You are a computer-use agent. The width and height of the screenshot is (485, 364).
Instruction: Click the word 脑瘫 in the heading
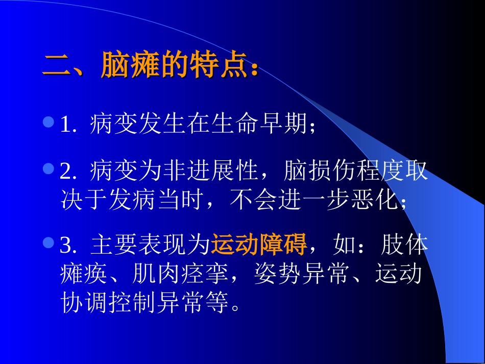click(130, 65)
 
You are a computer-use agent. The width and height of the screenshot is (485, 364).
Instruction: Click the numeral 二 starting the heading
click(56, 65)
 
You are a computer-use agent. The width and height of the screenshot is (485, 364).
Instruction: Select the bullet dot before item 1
click(48, 123)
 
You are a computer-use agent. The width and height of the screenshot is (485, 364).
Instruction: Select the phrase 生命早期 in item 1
click(259, 124)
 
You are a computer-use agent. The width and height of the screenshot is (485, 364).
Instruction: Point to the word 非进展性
click(210, 172)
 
